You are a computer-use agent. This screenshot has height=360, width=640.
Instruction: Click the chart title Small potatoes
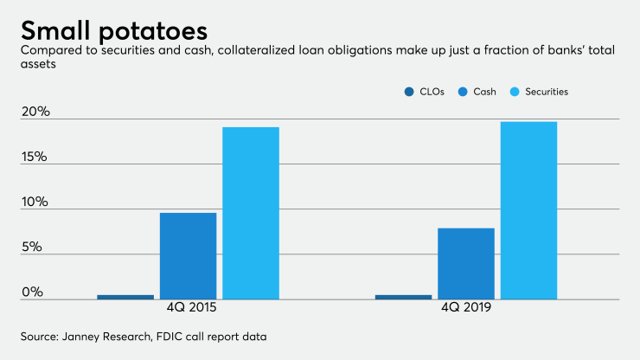[x=113, y=31]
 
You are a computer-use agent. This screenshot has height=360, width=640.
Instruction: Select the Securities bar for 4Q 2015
[x=251, y=213]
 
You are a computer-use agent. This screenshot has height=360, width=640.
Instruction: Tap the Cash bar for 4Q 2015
[x=189, y=255]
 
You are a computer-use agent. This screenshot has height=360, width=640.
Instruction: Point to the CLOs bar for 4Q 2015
[x=125, y=297]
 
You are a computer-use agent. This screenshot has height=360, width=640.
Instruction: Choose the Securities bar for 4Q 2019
[x=528, y=210]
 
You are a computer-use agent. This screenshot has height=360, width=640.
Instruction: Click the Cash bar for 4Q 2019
[x=466, y=263]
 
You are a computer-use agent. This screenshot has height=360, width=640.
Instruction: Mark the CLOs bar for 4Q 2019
[x=403, y=297]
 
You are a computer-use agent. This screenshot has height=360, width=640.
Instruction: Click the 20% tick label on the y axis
[x=35, y=112]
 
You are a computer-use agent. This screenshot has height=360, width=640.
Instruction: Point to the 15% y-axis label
[x=35, y=157]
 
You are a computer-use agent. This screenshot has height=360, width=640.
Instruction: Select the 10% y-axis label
[x=35, y=202]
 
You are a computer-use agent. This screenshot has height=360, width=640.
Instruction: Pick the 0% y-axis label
[x=32, y=292]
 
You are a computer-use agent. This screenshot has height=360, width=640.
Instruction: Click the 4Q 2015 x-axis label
[x=189, y=309]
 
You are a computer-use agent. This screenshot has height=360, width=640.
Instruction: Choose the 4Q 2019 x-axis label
[x=466, y=309]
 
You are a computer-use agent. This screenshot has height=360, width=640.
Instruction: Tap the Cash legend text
[x=483, y=91]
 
